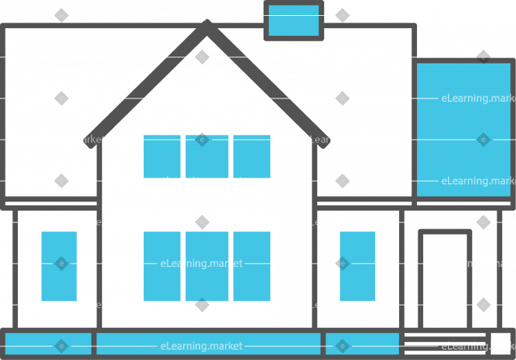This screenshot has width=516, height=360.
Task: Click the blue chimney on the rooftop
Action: [x=294, y=19]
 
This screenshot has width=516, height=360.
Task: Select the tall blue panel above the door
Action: [x=463, y=129]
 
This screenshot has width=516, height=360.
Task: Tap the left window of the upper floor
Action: [x=162, y=156]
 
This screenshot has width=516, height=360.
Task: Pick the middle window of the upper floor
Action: [x=206, y=156]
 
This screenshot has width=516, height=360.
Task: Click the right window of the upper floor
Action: [x=252, y=156]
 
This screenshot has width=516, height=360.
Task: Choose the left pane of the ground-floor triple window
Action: [x=162, y=266]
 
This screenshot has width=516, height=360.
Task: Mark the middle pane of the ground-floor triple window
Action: [x=206, y=266]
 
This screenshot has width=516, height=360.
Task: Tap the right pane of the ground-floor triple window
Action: [x=252, y=266]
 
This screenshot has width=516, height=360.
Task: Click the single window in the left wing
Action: [x=59, y=266]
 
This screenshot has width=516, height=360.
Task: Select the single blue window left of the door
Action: [x=358, y=266]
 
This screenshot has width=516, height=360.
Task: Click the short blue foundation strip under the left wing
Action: [x=49, y=343]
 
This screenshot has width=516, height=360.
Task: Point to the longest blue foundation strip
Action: [x=208, y=343]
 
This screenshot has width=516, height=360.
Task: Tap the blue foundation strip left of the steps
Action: [x=362, y=343]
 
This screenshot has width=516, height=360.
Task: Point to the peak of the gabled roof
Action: [x=207, y=29]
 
